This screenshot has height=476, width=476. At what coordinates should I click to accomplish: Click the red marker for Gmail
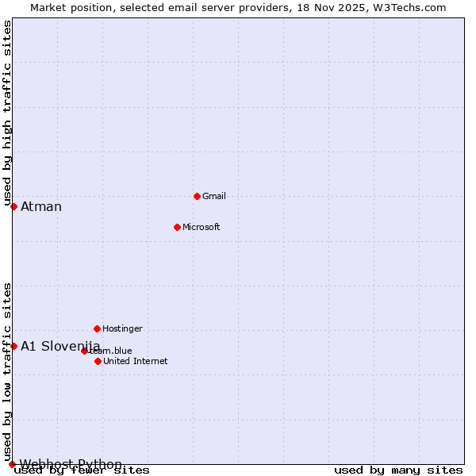click(x=197, y=196)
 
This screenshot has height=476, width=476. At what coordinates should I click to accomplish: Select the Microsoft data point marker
click(x=177, y=227)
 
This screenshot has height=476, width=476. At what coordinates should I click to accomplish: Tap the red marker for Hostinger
click(x=97, y=328)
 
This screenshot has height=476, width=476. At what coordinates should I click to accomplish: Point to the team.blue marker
click(x=84, y=351)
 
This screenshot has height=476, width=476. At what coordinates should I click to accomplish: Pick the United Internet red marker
click(x=98, y=361)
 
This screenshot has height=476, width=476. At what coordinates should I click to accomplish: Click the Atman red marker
click(x=13, y=206)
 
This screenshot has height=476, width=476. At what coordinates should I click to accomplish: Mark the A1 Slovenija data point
click(x=13, y=346)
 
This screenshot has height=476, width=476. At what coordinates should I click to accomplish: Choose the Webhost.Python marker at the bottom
click(x=12, y=464)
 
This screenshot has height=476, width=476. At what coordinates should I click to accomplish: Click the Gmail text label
click(x=214, y=196)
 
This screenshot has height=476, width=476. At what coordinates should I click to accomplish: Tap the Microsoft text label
click(x=202, y=227)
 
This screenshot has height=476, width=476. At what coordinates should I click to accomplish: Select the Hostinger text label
click(x=122, y=328)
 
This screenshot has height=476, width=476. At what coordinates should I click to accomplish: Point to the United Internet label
click(x=135, y=361)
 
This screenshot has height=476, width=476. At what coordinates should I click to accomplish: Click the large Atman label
click(x=41, y=207)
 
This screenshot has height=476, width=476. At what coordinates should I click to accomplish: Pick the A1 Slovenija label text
click(x=60, y=346)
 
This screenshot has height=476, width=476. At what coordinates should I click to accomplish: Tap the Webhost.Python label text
click(x=71, y=464)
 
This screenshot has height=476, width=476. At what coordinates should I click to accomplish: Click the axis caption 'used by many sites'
click(x=398, y=470)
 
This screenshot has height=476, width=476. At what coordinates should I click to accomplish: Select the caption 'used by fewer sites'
click(x=82, y=470)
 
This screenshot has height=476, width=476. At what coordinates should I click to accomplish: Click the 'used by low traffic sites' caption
click(x=8, y=371)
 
